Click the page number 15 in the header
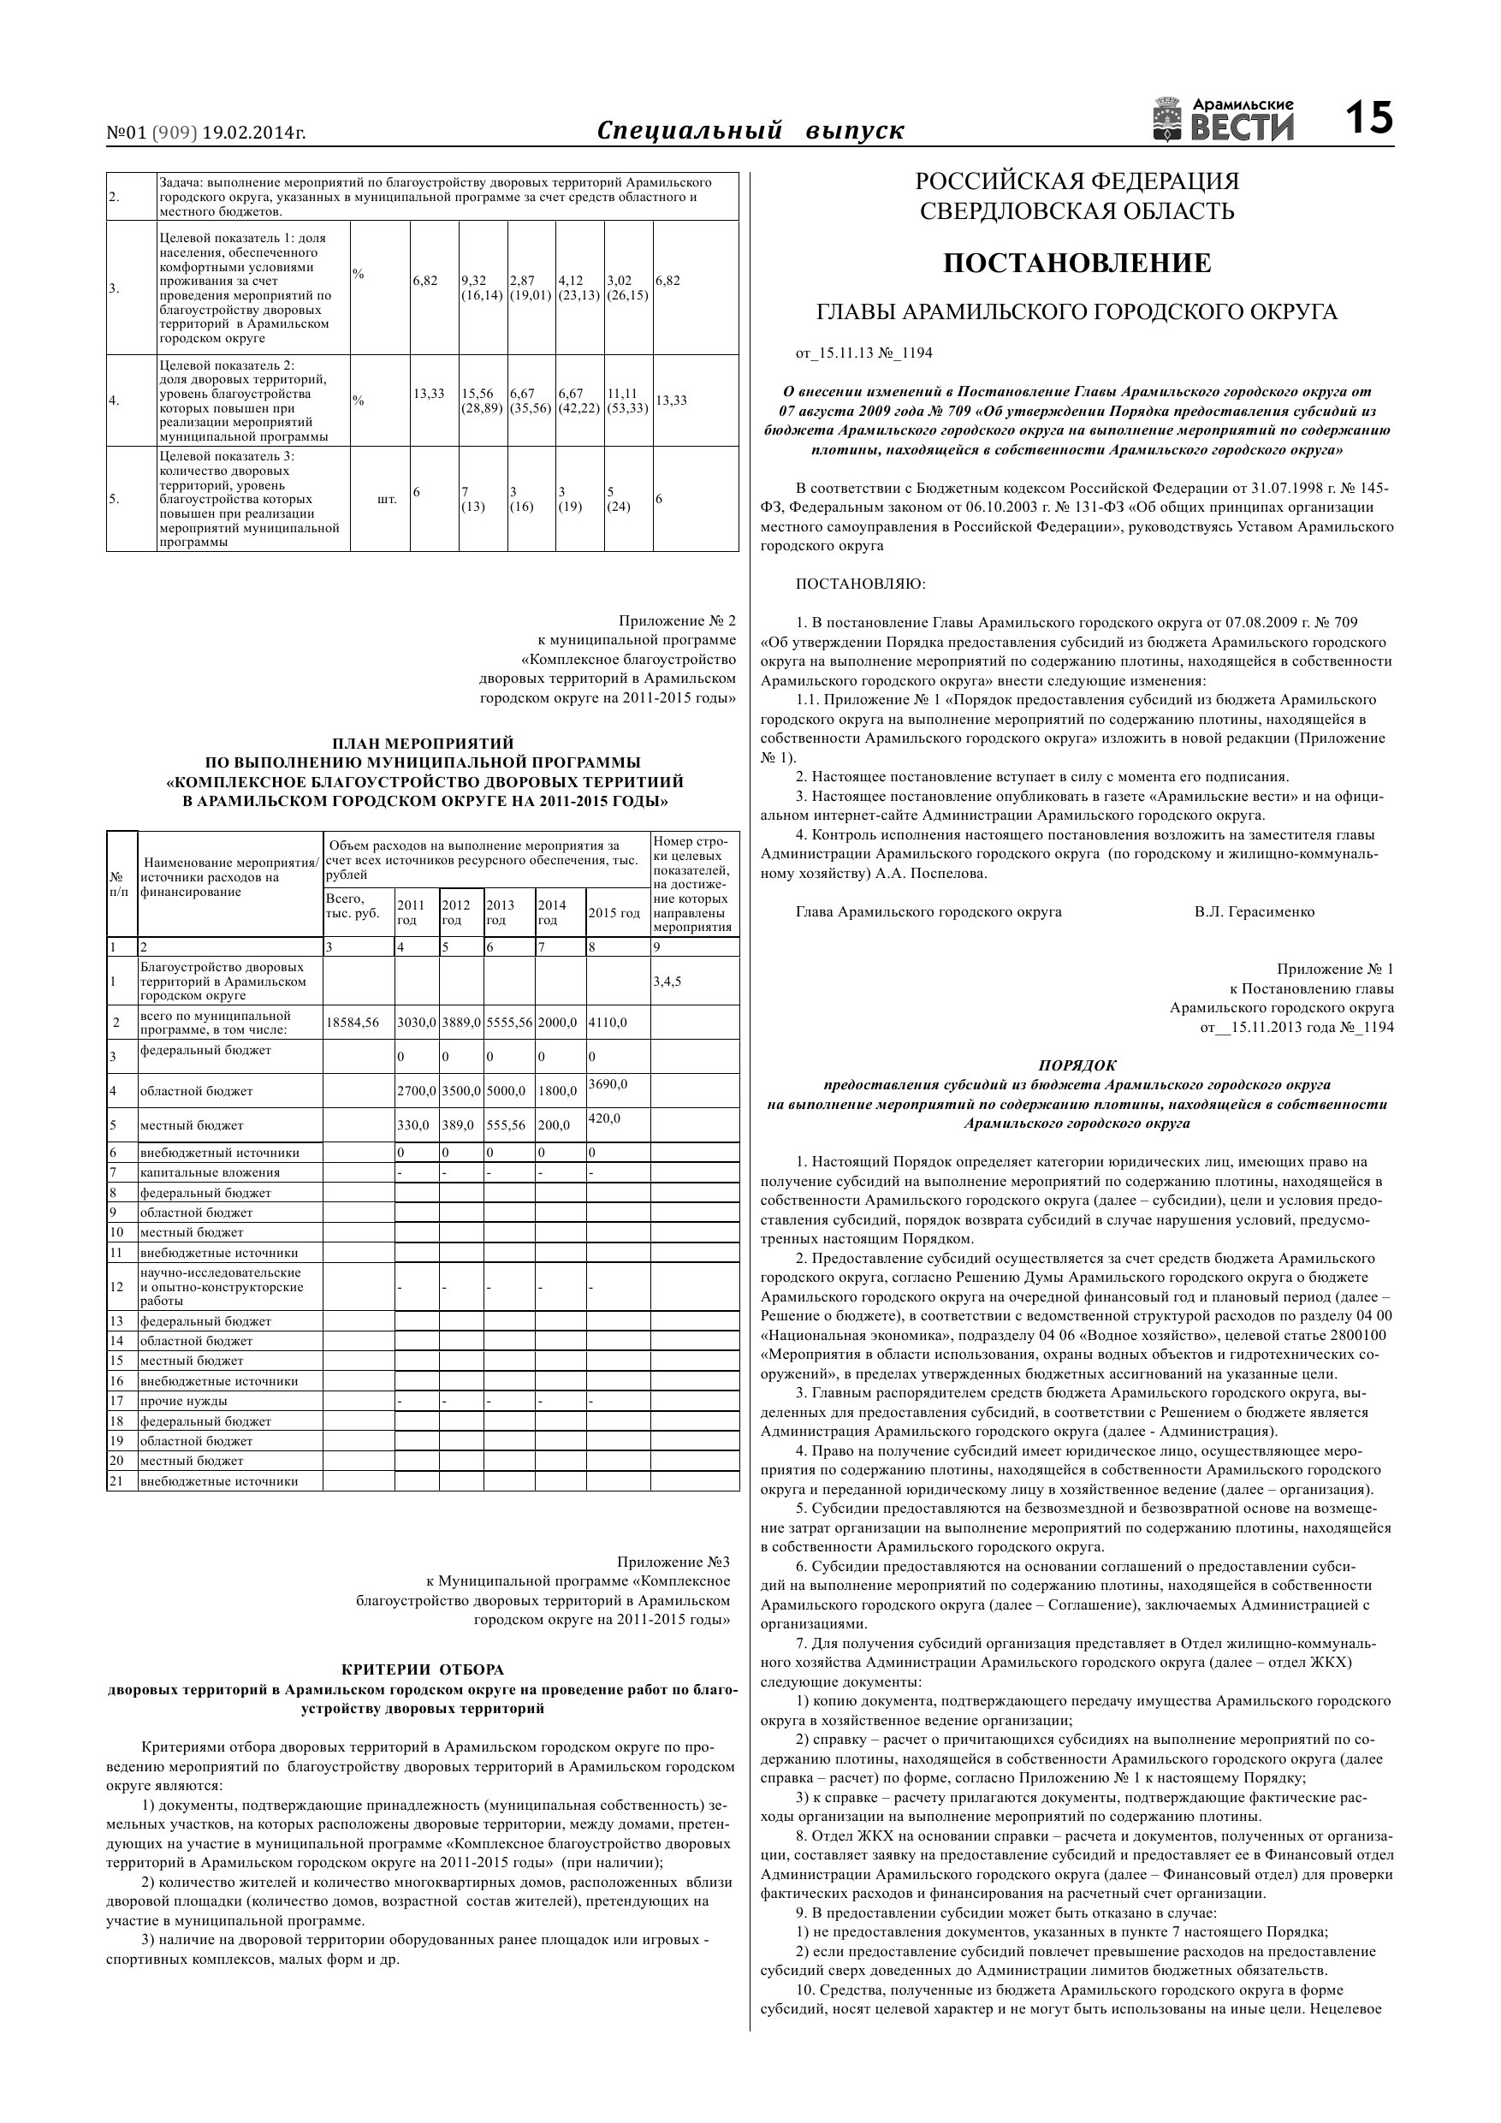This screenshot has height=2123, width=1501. [1368, 118]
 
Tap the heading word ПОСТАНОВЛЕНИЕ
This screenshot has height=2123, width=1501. [1077, 264]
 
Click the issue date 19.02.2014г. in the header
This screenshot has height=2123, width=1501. [253, 133]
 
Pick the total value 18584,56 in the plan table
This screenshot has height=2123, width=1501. [353, 1023]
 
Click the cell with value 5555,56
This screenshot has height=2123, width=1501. [509, 1023]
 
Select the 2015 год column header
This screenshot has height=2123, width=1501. [614, 914]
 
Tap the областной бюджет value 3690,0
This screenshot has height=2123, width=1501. [608, 1083]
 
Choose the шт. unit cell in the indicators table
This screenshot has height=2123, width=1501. [387, 500]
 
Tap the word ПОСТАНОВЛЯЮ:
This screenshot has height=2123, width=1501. [860, 584]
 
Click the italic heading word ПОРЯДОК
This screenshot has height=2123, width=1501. [1077, 1065]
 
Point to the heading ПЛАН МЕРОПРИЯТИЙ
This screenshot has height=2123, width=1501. [423, 743]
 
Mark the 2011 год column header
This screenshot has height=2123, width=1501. [411, 913]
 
